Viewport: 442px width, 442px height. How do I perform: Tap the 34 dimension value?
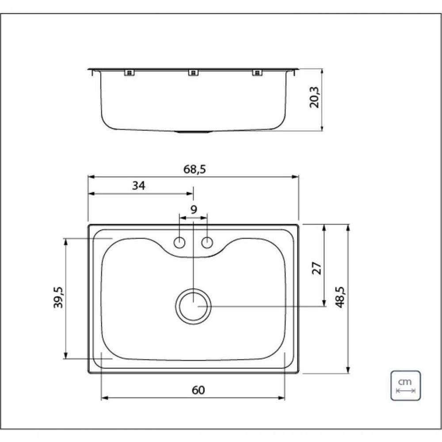tap(138, 186)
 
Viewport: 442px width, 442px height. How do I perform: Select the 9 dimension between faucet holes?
tap(193, 210)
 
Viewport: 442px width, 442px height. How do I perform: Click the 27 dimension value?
tap(317, 268)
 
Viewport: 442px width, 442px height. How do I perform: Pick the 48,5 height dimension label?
tap(341, 297)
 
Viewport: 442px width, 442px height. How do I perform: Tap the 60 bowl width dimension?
tap(198, 390)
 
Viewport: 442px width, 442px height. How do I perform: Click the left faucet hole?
tap(179, 243)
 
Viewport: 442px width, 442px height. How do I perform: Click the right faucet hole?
tap(207, 243)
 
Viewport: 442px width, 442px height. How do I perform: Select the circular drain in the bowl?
tap(193, 306)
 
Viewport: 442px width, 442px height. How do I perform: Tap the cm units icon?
tap(405, 385)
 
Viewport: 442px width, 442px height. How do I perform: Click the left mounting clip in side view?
tap(129, 73)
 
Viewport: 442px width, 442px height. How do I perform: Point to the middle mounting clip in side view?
tap(192, 73)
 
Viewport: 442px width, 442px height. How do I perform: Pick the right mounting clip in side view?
tap(256, 73)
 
